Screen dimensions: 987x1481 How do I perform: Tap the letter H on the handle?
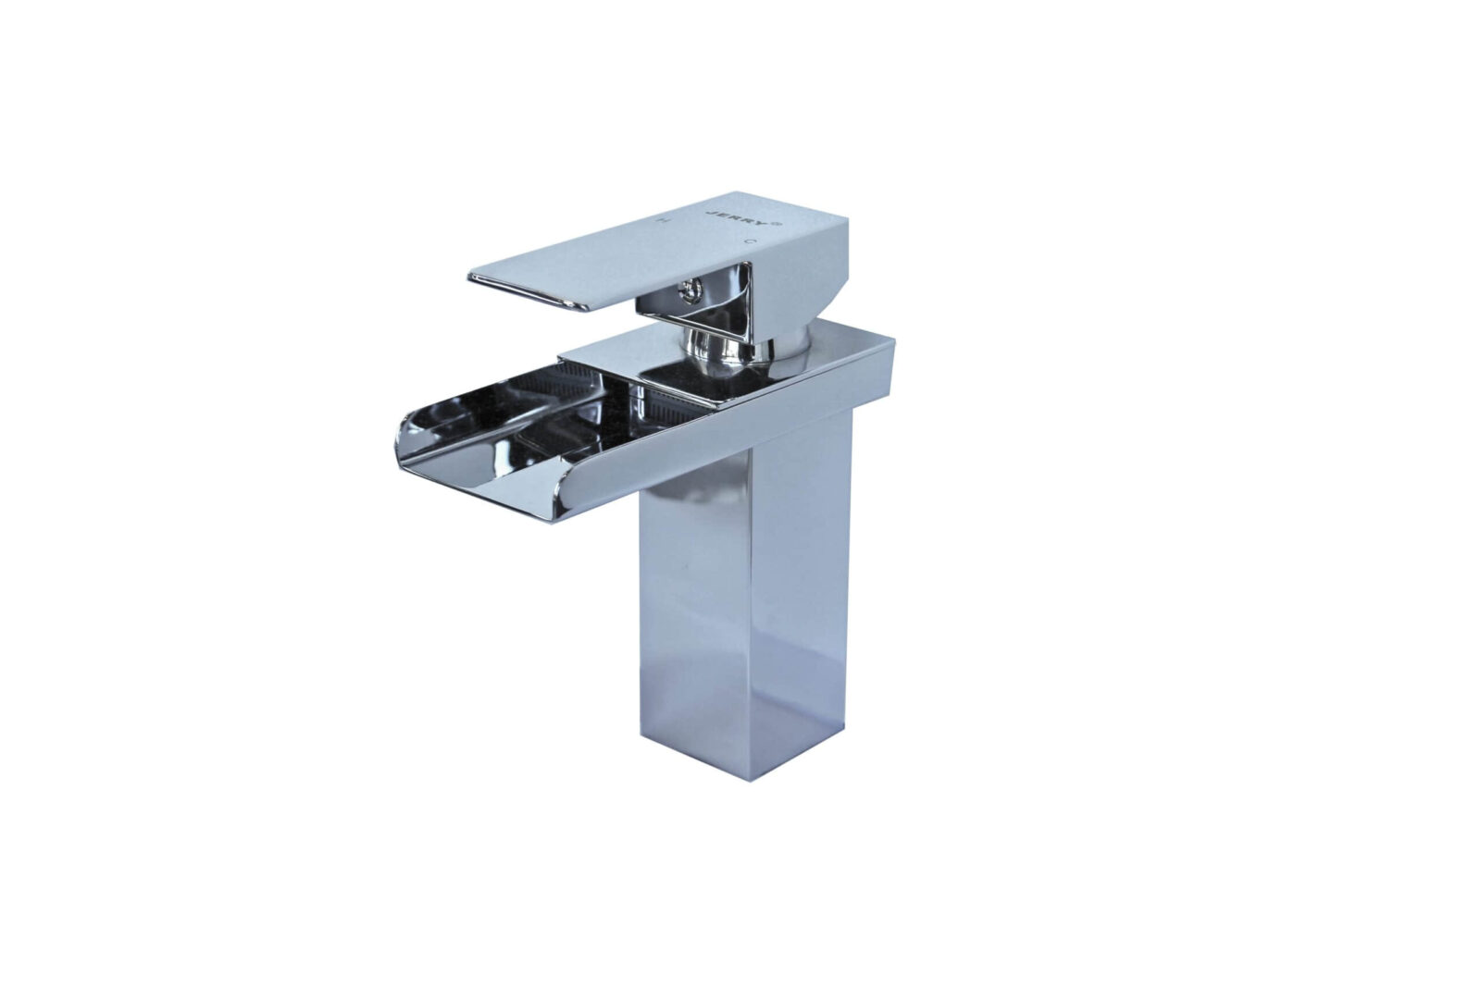tap(660, 222)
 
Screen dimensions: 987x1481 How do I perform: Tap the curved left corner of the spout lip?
tap(407, 435)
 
